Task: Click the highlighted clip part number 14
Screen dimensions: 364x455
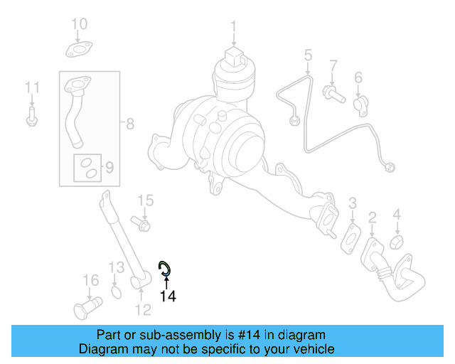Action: (165, 268)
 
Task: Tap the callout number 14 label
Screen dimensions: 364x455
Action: (167, 296)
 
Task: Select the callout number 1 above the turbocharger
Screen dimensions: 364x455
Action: (232, 28)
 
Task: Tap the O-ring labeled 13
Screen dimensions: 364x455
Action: (117, 293)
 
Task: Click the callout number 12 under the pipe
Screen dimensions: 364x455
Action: (143, 309)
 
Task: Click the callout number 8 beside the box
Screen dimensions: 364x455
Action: (129, 124)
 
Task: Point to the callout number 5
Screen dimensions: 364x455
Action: (308, 55)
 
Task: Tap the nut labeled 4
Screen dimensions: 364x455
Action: (397, 242)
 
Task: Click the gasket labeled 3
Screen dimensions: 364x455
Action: (352, 236)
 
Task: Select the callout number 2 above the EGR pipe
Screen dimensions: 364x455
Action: (371, 217)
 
